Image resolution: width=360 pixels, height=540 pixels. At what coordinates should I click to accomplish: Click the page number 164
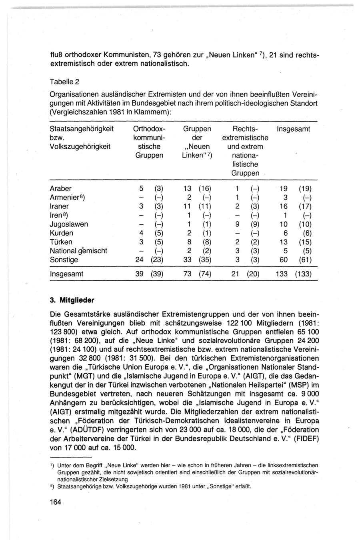(56, 502)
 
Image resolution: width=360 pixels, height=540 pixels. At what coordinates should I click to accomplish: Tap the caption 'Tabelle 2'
(65, 82)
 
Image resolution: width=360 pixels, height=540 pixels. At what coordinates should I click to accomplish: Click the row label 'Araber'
(61, 188)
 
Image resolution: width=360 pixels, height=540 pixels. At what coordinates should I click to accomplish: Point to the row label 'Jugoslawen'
(68, 224)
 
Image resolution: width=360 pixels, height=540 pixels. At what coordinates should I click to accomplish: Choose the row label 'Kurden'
(61, 233)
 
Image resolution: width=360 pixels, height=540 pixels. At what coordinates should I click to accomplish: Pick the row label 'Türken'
(61, 242)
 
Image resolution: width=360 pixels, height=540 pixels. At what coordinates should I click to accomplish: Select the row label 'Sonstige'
(64, 260)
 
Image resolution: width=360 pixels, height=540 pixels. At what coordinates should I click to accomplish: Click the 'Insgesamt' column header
(293, 129)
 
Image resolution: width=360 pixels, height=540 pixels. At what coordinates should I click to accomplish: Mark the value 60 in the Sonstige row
(284, 260)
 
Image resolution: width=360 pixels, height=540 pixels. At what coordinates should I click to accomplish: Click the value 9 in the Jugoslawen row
(237, 224)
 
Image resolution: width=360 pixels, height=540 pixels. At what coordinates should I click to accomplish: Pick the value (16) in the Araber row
(205, 188)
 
